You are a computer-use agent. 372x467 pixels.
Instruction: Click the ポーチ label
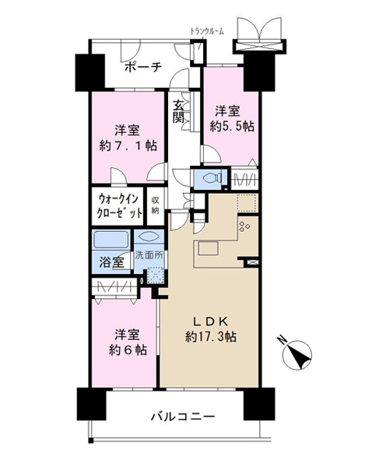point(142,68)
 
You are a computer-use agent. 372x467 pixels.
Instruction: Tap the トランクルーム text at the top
point(208,31)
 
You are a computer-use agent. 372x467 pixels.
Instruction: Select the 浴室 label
point(111,263)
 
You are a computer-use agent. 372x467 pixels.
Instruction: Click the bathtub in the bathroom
point(112,239)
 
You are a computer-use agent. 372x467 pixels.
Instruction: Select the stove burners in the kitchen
point(244,226)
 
